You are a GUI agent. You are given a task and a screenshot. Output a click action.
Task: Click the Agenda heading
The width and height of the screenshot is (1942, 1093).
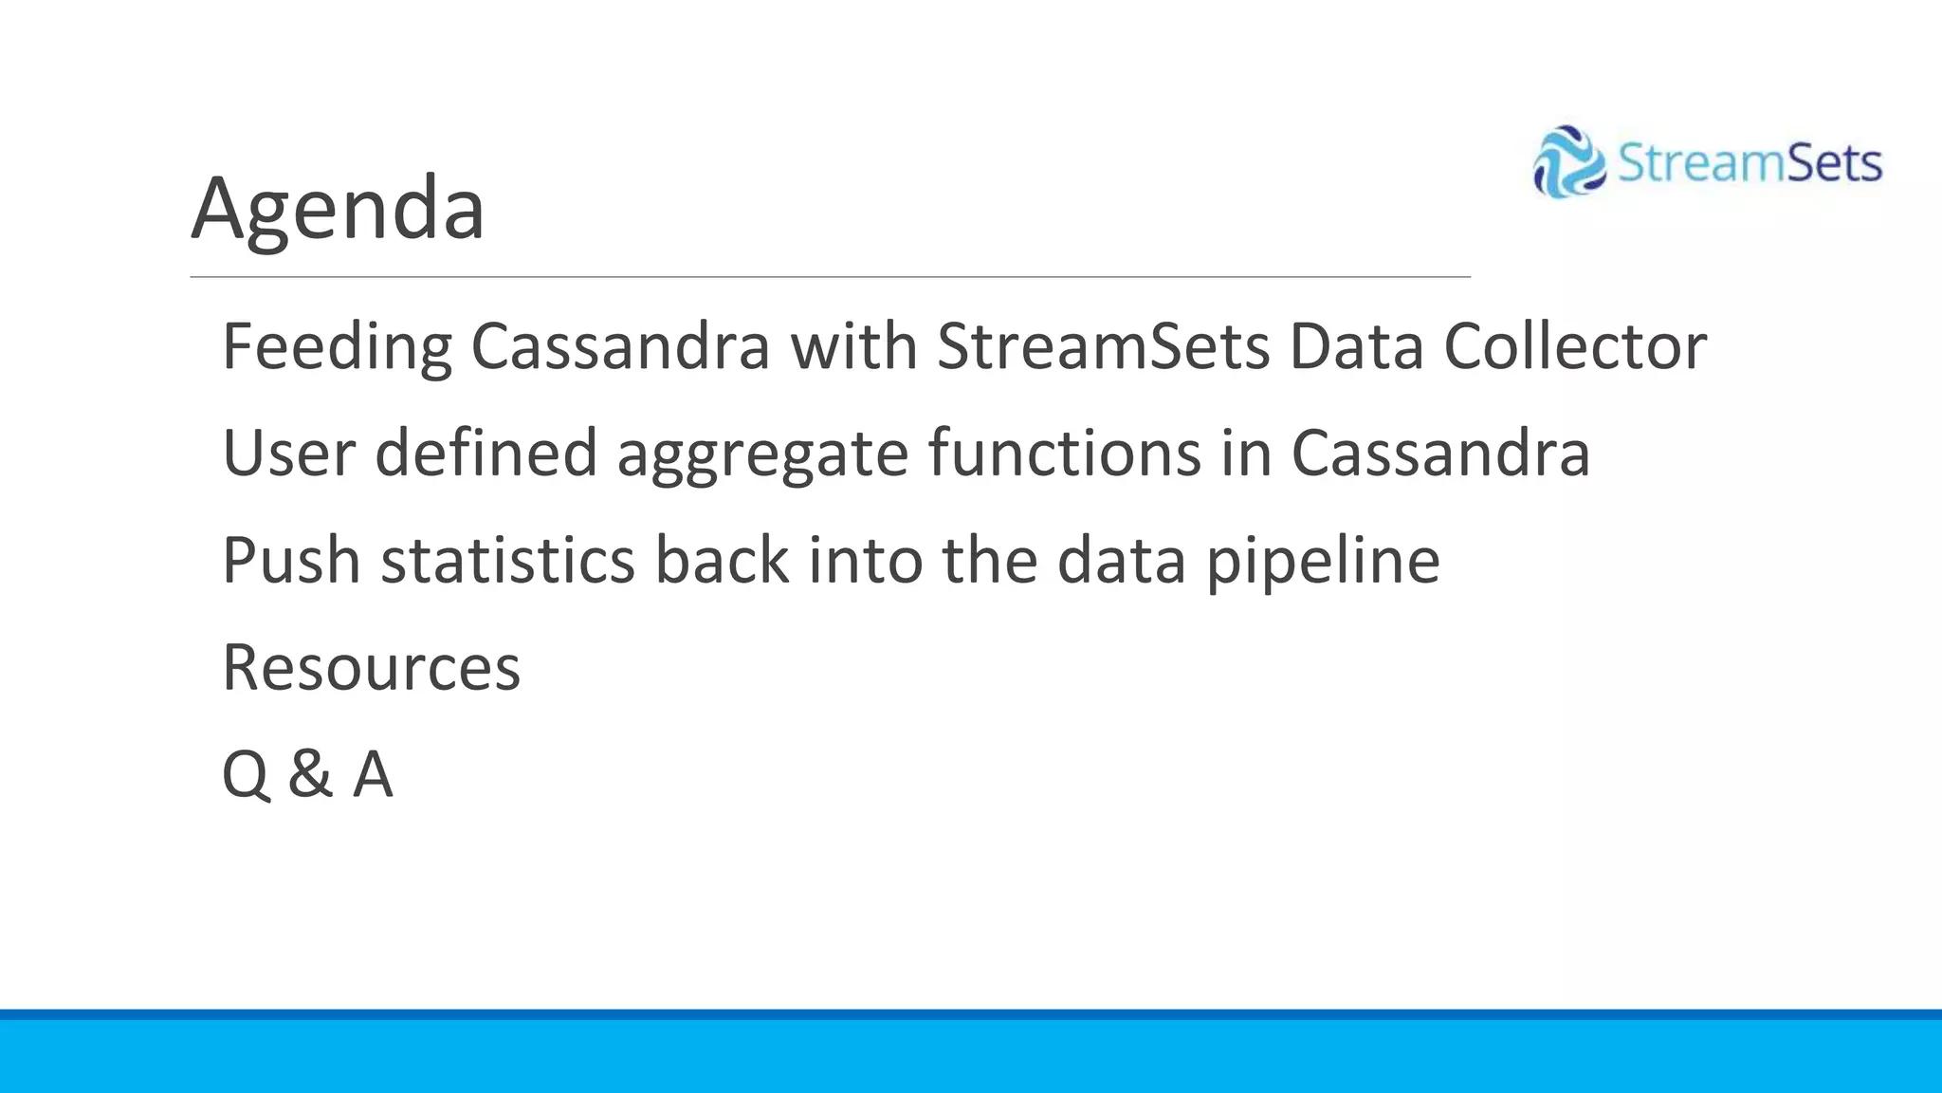click(x=338, y=209)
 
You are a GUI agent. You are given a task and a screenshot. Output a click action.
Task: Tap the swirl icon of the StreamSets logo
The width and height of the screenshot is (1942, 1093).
click(x=1568, y=162)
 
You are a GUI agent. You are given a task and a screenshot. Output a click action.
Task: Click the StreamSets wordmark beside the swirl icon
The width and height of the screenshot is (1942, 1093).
click(x=1749, y=163)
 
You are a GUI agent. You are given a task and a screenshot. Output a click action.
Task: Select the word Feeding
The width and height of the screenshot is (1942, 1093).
click(x=337, y=347)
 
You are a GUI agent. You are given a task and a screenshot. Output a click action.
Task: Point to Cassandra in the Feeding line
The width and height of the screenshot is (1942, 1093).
click(x=620, y=347)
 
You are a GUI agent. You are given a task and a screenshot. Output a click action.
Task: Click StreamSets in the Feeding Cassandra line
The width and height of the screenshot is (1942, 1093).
click(x=1103, y=347)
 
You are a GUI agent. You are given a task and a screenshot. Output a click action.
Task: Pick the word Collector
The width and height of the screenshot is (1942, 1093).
click(x=1575, y=347)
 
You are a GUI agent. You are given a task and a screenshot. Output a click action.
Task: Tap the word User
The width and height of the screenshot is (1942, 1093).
click(x=288, y=454)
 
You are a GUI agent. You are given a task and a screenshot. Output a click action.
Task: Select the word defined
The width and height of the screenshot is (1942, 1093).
click(x=485, y=454)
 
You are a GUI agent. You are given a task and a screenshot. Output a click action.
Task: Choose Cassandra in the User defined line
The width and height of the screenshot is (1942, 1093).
click(x=1440, y=454)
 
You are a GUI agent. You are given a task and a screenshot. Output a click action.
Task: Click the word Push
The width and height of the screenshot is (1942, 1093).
click(x=291, y=561)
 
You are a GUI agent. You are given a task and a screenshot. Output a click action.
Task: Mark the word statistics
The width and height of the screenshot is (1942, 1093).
click(x=507, y=561)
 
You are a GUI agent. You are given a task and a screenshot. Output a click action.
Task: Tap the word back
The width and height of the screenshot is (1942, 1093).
click(x=722, y=561)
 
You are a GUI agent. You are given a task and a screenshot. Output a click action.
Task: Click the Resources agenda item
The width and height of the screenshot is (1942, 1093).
click(x=371, y=668)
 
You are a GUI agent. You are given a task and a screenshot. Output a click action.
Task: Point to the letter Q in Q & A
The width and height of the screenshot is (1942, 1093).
click(x=246, y=775)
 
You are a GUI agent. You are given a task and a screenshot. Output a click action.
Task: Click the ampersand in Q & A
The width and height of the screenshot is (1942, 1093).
click(x=310, y=775)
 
